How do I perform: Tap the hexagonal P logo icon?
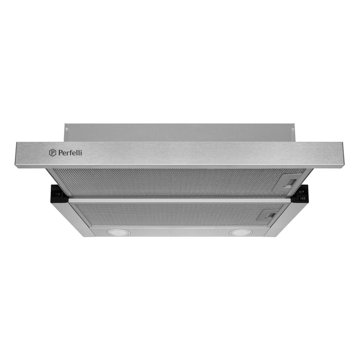pyautogui.click(x=52, y=153)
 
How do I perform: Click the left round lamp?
pyautogui.click(x=118, y=233)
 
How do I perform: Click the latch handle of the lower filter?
pyautogui.click(x=269, y=215)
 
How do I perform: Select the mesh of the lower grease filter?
pyautogui.click(x=162, y=214)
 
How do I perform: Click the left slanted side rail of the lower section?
pyautogui.click(x=74, y=220)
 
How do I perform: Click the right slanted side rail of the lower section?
pyautogui.click(x=283, y=220)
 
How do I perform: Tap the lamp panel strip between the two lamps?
pyautogui.click(x=178, y=233)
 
